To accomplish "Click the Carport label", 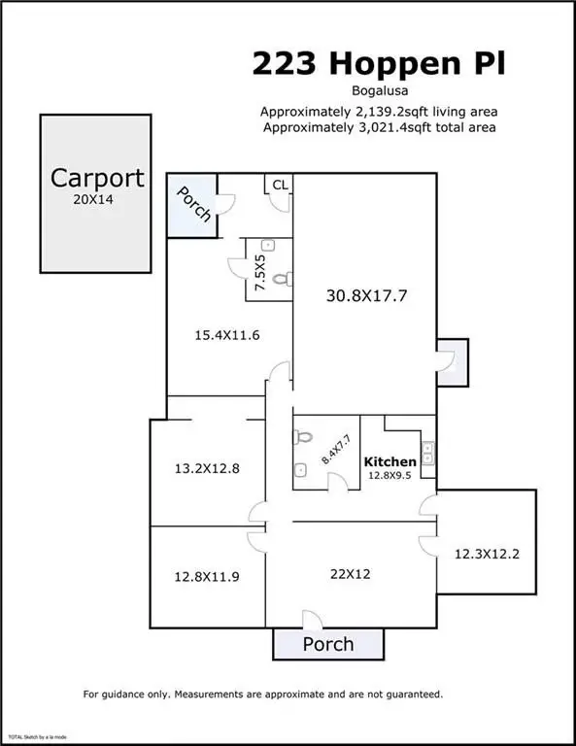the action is [x=97, y=179].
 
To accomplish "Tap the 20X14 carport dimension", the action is [x=93, y=200].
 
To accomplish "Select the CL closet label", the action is [x=280, y=185].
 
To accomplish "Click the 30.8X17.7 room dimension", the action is [x=366, y=296].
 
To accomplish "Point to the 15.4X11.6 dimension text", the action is [x=227, y=335].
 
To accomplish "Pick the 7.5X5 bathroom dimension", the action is [x=260, y=273].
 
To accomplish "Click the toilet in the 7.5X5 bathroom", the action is [x=283, y=279].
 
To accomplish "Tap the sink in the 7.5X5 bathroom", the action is [x=269, y=245].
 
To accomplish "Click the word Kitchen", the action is [x=390, y=461].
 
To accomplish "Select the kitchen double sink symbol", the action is [x=427, y=453].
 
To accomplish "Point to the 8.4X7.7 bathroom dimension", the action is [x=336, y=450].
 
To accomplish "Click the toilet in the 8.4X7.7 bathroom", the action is [x=302, y=436].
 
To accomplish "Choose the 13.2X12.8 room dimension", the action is [x=207, y=468].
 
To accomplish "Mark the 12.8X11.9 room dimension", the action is [x=207, y=577].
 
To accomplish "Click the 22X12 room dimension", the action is [x=350, y=574].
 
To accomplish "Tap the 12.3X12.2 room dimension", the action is [x=487, y=554].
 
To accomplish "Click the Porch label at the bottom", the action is [x=328, y=644].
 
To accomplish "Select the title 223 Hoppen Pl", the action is [x=379, y=64].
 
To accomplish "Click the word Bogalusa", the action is [x=380, y=90].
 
